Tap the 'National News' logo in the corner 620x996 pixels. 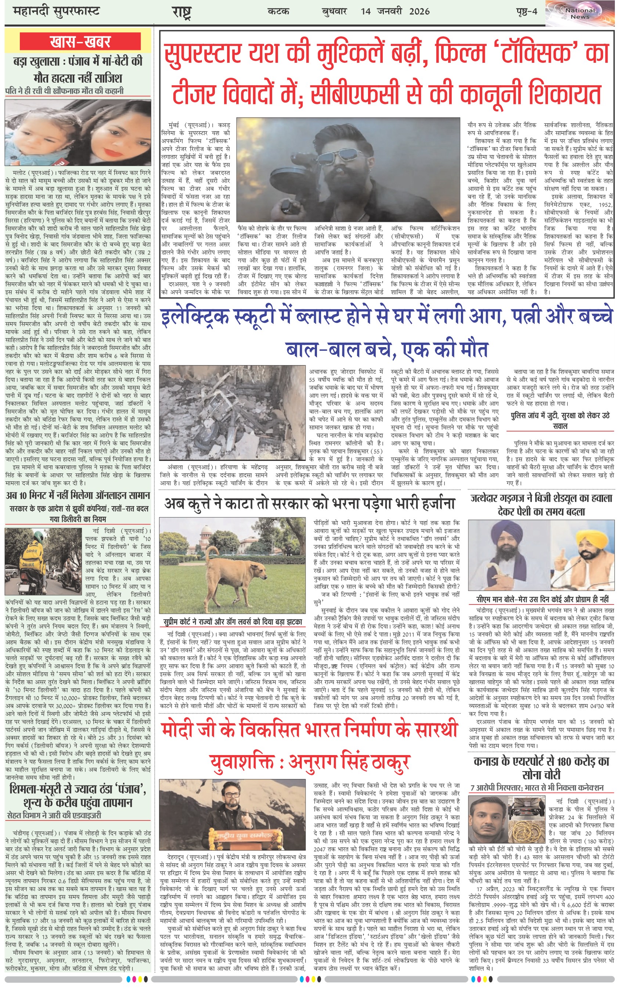[580, 14]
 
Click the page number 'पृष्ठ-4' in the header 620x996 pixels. [526, 11]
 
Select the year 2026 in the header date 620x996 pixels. [419, 11]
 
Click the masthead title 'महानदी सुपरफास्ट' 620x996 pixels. [56, 11]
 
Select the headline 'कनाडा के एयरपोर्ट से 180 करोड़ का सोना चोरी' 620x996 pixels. [541, 768]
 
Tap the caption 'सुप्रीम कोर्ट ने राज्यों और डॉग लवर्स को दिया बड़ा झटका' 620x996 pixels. [232, 622]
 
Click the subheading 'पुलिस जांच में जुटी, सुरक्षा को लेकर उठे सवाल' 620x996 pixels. [560, 421]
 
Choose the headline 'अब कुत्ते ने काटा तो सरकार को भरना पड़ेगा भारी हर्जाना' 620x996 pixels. [310, 504]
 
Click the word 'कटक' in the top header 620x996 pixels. [278, 11]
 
